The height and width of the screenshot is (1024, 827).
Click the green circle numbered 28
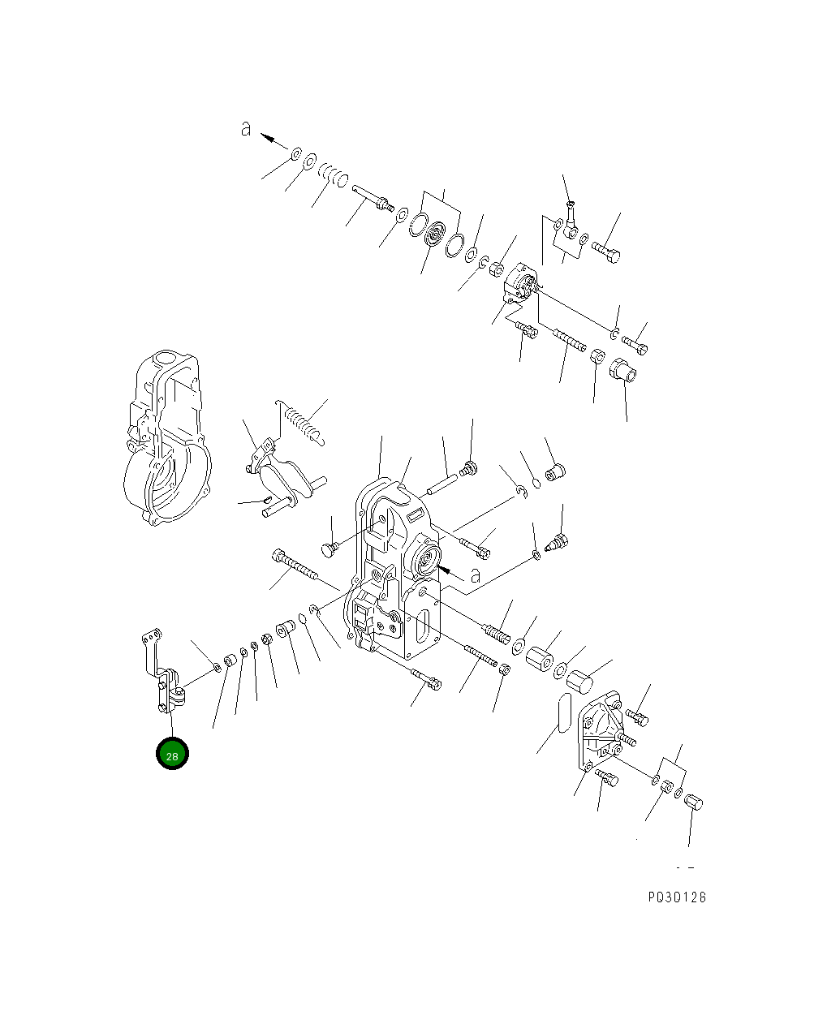pyautogui.click(x=172, y=754)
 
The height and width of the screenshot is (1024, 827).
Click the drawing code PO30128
pyautogui.click(x=676, y=897)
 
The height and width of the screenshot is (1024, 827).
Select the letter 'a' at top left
pyautogui.click(x=246, y=128)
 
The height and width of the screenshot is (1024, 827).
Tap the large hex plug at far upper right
pyautogui.click(x=622, y=370)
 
